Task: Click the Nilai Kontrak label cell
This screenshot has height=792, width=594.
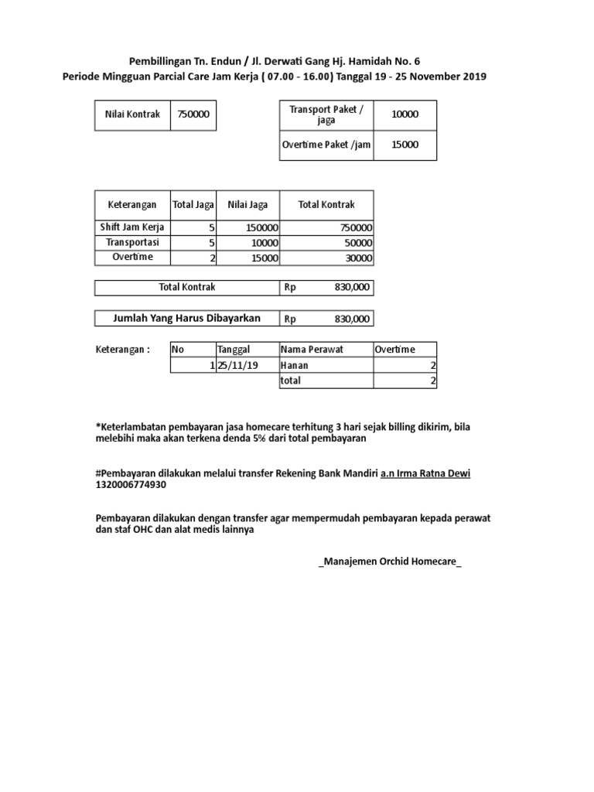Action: point(132,114)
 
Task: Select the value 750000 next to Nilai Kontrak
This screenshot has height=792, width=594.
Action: point(193,114)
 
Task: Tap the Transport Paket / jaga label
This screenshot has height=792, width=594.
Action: point(326,115)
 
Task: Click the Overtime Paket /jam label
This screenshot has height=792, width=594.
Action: point(326,145)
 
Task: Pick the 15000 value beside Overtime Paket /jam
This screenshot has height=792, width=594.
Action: point(405,145)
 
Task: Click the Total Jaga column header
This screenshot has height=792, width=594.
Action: point(193,205)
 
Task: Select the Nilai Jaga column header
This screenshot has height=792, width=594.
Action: point(247,205)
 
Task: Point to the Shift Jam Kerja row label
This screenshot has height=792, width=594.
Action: point(132,227)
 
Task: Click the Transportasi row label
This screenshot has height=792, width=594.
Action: point(132,243)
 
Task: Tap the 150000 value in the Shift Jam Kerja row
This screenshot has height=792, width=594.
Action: point(262,228)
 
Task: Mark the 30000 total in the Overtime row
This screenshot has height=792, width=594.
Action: point(357,258)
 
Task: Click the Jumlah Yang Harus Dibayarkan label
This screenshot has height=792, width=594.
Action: point(186,318)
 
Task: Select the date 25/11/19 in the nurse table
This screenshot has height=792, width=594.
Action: point(237,365)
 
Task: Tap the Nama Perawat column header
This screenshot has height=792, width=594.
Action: point(312,350)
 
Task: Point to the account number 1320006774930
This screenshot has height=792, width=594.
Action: point(130,485)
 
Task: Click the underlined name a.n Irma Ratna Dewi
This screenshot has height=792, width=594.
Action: point(425,473)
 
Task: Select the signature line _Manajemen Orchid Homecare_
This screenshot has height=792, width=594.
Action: point(389,562)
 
